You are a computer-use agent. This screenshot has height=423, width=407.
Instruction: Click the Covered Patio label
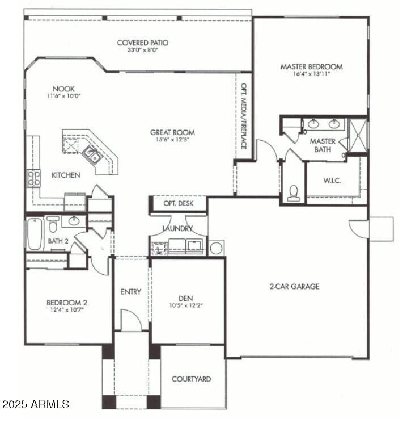[x=142, y=43]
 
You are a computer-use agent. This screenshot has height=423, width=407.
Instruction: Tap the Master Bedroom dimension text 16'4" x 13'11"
[x=311, y=74]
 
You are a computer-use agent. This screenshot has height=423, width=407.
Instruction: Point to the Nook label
[x=63, y=89]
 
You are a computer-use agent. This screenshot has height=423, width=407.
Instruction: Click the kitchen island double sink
[x=92, y=154]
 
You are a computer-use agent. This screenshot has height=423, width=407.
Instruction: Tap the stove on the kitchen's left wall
[x=33, y=178]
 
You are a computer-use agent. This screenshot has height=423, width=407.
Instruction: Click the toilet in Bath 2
[x=53, y=224]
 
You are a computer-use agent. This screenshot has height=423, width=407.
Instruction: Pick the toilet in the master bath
[x=293, y=192]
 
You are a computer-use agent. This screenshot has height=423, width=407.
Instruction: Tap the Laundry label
[x=177, y=228]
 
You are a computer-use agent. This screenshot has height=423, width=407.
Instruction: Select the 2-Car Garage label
[x=294, y=286]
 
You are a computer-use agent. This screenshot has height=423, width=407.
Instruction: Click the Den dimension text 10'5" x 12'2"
[x=186, y=305]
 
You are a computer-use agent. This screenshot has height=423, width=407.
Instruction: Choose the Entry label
[x=130, y=292]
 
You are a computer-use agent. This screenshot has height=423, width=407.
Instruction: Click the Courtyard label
[x=191, y=379]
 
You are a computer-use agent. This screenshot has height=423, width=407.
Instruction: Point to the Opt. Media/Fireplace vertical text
[x=243, y=116]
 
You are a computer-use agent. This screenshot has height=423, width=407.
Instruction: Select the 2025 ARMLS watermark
[x=35, y=404]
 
